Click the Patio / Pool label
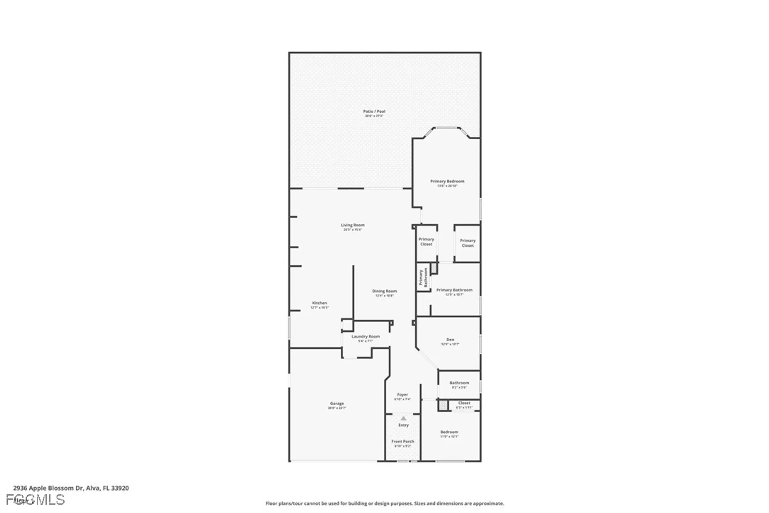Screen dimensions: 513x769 pyautogui.click(x=374, y=112)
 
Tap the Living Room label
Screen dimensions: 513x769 pyautogui.click(x=353, y=225)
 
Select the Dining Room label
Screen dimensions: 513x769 pyautogui.click(x=384, y=291)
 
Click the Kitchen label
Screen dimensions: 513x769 pyautogui.click(x=320, y=303)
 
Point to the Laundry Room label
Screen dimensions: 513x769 pyautogui.click(x=365, y=337)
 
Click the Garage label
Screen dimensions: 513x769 pyautogui.click(x=337, y=404)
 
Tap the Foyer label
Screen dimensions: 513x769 pyautogui.click(x=402, y=395)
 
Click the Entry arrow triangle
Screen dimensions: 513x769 pyautogui.click(x=403, y=418)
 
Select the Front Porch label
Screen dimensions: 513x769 pyautogui.click(x=403, y=442)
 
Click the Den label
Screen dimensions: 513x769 pyautogui.click(x=450, y=340)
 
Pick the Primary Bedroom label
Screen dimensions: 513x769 pyautogui.click(x=447, y=181)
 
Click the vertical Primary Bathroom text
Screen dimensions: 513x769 pyautogui.click(x=423, y=277)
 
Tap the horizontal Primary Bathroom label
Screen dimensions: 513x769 pyautogui.click(x=454, y=290)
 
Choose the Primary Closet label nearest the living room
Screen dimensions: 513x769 pyautogui.click(x=426, y=242)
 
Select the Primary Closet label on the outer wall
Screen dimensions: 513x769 pyautogui.click(x=468, y=243)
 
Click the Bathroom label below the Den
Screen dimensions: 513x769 pyautogui.click(x=459, y=383)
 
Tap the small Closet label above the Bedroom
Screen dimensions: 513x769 pyautogui.click(x=464, y=403)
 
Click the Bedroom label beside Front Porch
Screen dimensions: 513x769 pyautogui.click(x=449, y=432)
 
